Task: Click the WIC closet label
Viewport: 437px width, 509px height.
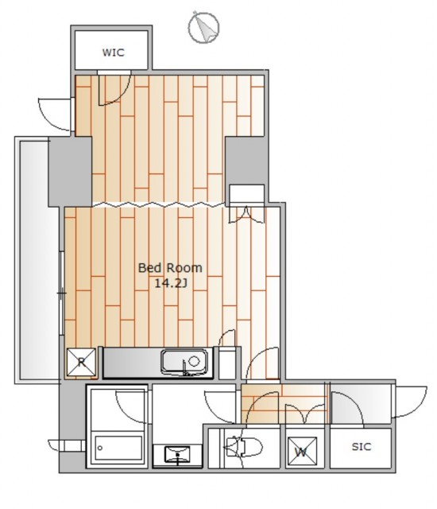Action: [x=113, y=52]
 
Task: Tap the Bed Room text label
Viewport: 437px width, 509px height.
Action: [x=170, y=268]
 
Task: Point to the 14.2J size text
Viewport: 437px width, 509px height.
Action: [x=171, y=283]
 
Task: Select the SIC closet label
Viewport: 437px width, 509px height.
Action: [x=362, y=447]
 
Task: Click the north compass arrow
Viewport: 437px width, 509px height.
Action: [x=203, y=28]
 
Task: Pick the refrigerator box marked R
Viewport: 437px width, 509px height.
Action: [x=81, y=362]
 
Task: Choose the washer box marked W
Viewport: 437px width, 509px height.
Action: [x=302, y=451]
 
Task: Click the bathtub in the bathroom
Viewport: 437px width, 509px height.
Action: [x=118, y=448]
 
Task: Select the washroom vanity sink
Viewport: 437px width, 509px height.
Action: [x=177, y=454]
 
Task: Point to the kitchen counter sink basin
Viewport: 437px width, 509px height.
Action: [x=184, y=361]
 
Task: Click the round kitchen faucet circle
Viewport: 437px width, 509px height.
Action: [x=194, y=361]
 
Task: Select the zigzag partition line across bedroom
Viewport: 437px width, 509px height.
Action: [x=158, y=204]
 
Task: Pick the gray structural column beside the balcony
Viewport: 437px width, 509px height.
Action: [x=70, y=172]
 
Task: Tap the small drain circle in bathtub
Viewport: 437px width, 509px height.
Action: [x=100, y=448]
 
